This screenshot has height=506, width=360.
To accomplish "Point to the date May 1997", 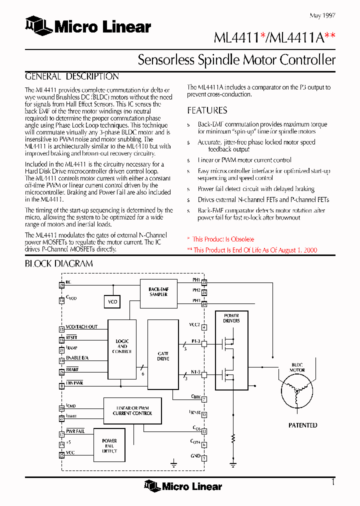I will (322, 15).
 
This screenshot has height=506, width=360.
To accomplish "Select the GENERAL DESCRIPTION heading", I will (72, 77).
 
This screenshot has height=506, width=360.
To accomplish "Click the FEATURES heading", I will (207, 110).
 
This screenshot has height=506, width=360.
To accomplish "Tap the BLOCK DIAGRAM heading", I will (59, 263).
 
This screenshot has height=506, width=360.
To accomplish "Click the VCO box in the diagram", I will (112, 302).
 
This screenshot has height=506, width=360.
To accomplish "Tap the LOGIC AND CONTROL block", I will (122, 346).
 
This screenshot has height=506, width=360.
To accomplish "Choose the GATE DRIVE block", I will (163, 355).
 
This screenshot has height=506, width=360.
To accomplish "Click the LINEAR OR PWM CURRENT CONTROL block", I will (132, 410).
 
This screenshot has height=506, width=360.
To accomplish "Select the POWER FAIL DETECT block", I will (109, 446).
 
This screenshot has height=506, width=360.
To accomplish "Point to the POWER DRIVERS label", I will (231, 318).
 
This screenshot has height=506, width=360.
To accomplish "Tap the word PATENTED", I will (303, 425).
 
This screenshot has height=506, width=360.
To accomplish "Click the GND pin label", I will (195, 456).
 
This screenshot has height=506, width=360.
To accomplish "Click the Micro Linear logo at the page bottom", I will (183, 485).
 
